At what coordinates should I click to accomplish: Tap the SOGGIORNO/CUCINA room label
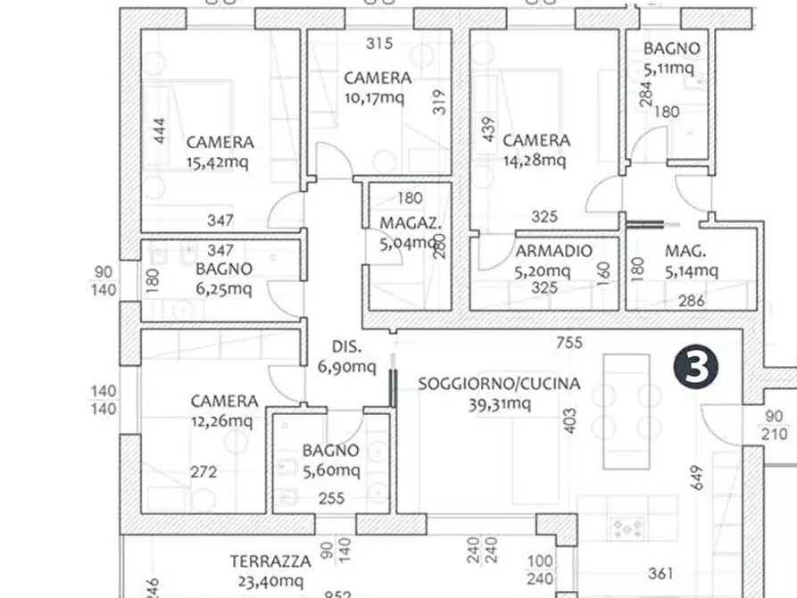[x=499, y=384]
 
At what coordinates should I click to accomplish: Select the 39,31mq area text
[x=498, y=403]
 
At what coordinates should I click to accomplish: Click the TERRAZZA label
[x=270, y=561]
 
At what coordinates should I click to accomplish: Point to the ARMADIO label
[x=553, y=251]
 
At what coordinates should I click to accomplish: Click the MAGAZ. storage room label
[x=410, y=222]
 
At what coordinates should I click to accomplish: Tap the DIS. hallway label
[x=347, y=347]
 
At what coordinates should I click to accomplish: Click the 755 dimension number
[x=569, y=342]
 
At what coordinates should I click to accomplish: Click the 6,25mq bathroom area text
[x=223, y=288]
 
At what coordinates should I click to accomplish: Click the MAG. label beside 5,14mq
[x=685, y=251]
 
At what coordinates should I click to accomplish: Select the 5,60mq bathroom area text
[x=330, y=470]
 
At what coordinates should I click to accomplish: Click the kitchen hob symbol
[x=628, y=528]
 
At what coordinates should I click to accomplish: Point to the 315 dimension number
[x=379, y=43]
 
